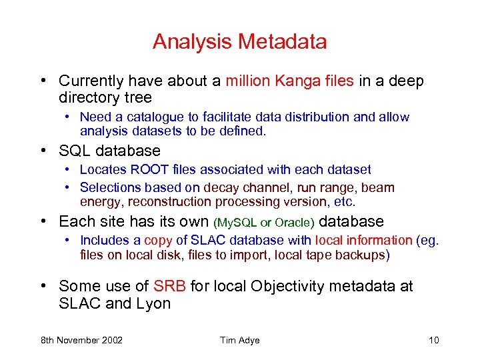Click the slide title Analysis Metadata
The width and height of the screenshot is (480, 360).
point(239,42)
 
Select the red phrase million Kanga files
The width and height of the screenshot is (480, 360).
point(289,81)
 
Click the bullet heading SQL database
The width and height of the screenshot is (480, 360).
point(109,151)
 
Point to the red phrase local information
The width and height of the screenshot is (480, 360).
point(363,241)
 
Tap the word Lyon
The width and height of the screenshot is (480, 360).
point(153,304)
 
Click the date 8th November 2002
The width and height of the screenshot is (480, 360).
point(81,341)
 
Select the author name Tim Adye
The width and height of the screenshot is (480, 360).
point(239,341)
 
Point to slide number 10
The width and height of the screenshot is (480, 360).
point(433,341)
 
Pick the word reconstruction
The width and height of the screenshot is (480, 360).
point(167,202)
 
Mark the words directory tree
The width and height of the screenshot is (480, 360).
point(105,99)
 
